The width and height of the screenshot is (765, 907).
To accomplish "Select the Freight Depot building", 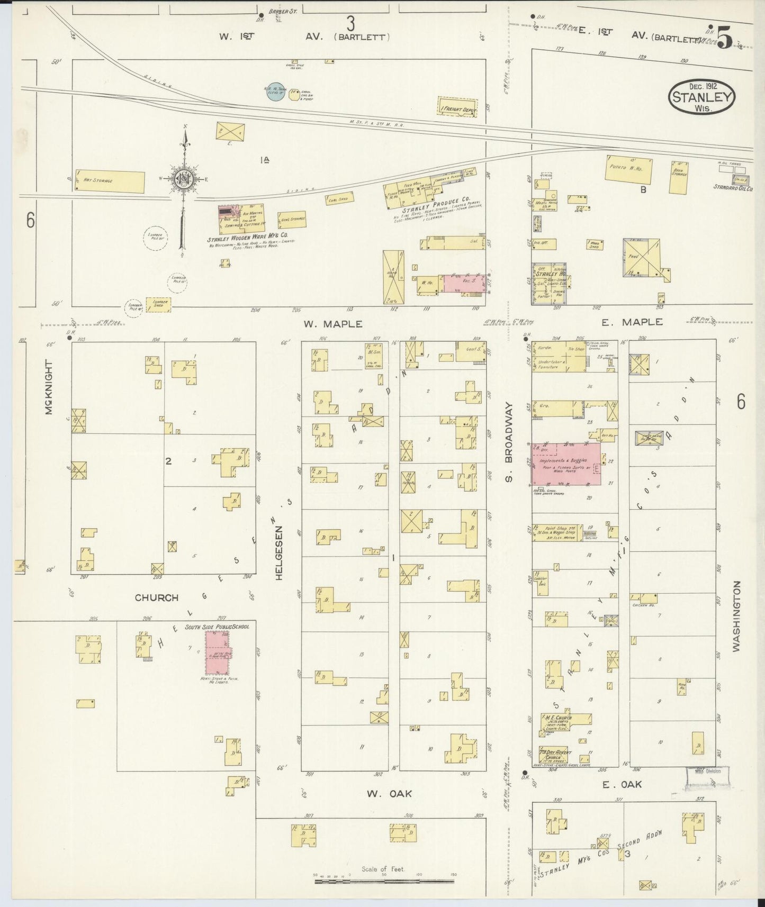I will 457,107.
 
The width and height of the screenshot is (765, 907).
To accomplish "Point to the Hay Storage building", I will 110,182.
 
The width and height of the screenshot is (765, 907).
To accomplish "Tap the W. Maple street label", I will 333,324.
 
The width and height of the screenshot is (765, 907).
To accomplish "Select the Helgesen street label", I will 278,552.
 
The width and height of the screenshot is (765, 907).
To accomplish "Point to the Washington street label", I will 736,616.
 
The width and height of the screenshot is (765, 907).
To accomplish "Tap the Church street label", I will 156,597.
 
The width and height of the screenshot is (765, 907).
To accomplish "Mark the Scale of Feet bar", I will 384,881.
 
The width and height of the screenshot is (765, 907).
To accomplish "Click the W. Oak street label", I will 389,793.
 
